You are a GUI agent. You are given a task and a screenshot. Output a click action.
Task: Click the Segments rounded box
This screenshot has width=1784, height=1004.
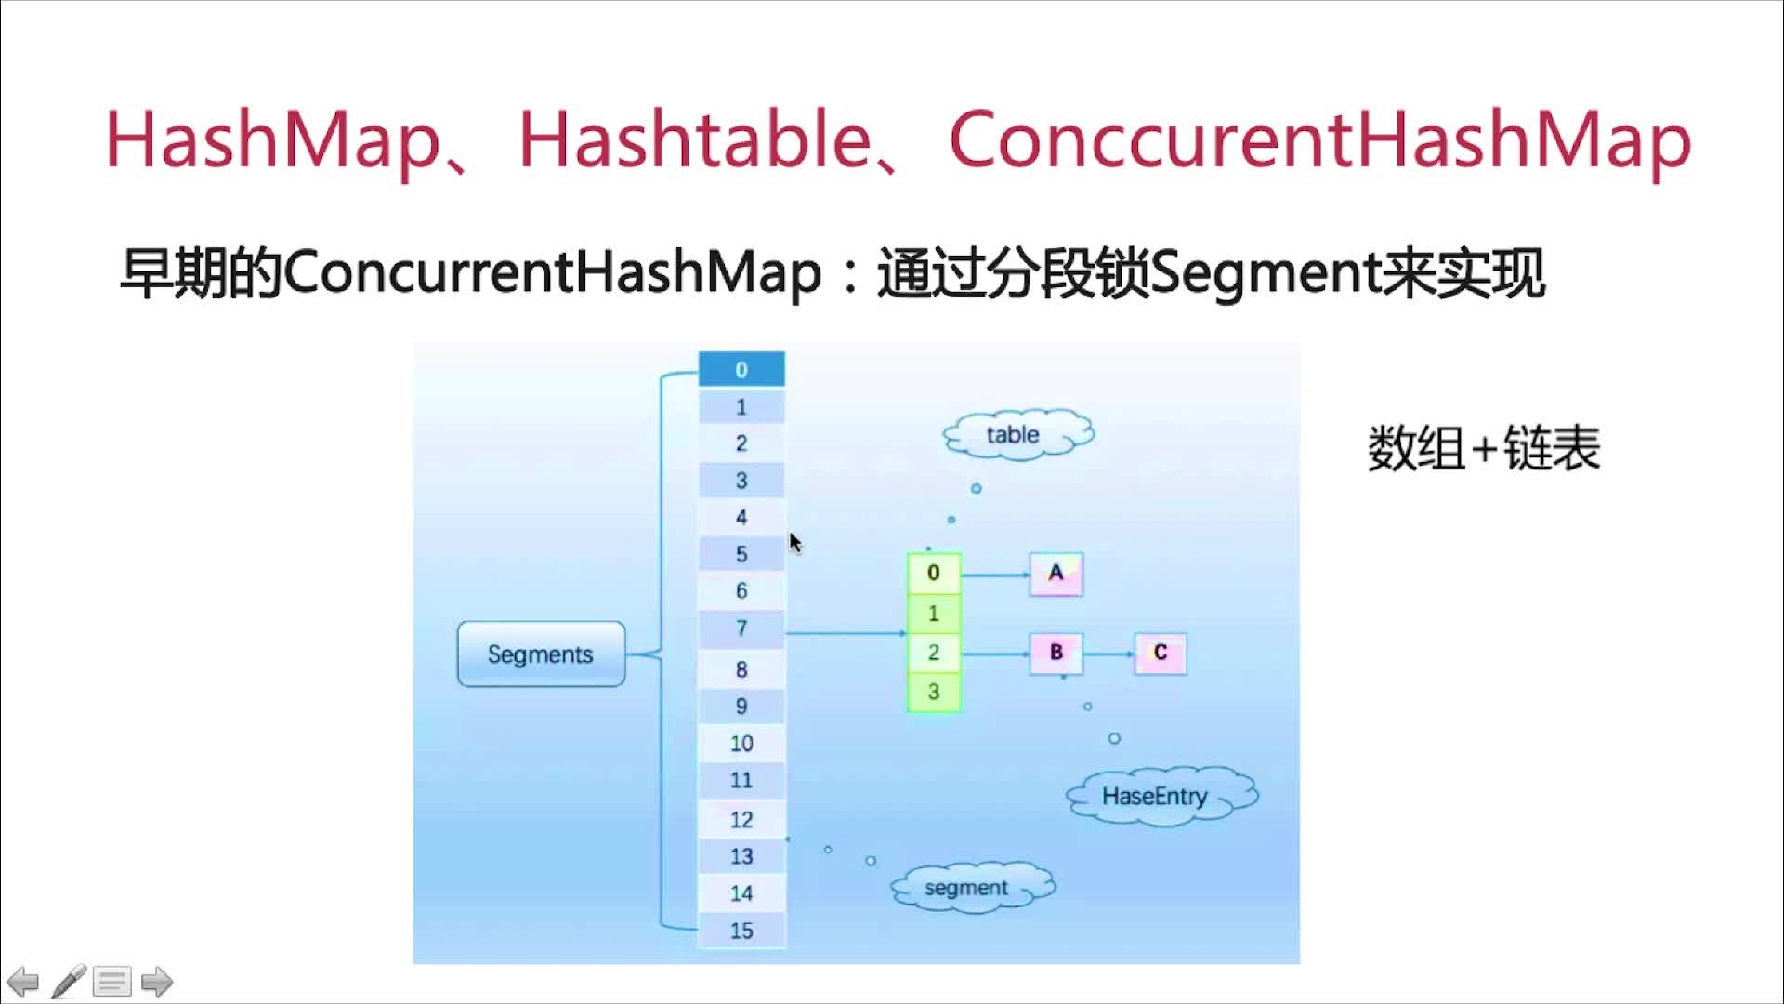click(541, 654)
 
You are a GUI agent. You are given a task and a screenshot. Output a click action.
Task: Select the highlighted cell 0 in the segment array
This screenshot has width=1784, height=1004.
click(741, 369)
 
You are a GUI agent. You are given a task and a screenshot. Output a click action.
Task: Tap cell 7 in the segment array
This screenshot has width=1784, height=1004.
click(741, 629)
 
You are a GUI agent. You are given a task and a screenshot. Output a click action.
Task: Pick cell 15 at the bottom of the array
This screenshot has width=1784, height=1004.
click(741, 931)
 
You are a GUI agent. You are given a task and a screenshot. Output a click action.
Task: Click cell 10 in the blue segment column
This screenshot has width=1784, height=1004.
click(741, 744)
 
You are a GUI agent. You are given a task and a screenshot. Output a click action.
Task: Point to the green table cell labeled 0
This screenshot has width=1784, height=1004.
click(934, 574)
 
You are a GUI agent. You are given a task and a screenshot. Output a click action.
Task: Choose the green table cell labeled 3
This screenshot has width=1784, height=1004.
click(934, 693)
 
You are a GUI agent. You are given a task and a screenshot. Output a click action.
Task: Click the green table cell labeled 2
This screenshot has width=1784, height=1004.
click(934, 653)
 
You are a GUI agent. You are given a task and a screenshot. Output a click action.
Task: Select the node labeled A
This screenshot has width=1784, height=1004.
click(1056, 574)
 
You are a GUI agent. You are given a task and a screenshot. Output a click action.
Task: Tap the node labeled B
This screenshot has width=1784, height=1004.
click(1056, 653)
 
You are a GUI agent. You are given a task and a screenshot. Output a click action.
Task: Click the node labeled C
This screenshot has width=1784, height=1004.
click(1161, 653)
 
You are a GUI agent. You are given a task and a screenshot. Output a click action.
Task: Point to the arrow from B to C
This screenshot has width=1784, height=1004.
click(1108, 654)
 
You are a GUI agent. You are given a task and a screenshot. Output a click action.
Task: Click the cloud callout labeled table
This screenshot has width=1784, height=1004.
click(1015, 435)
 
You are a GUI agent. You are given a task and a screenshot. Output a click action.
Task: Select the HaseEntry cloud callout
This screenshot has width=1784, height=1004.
click(1157, 797)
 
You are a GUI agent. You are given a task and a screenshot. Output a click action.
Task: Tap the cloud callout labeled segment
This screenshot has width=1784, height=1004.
click(968, 888)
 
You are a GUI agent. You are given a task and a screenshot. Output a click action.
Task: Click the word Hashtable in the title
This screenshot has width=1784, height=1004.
click(694, 140)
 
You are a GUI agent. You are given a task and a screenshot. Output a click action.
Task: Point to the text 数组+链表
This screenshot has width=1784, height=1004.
click(1483, 449)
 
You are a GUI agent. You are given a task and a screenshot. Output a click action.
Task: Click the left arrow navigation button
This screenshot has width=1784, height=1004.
click(23, 982)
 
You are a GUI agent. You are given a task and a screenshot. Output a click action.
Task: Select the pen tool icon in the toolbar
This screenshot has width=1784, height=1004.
click(69, 982)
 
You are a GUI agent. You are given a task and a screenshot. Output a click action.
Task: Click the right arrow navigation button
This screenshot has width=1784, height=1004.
click(156, 982)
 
